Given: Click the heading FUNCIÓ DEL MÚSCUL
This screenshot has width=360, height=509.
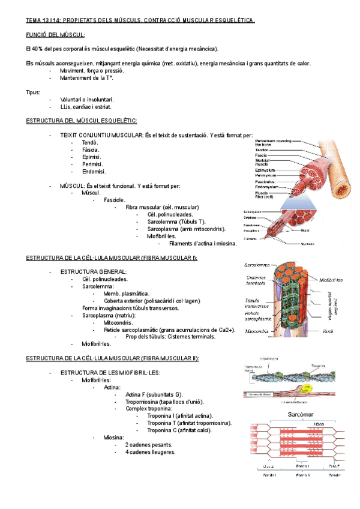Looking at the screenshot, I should (55, 35).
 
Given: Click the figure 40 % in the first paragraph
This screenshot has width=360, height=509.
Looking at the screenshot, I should (38, 49).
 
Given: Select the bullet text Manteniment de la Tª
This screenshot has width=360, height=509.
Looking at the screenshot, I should (87, 78).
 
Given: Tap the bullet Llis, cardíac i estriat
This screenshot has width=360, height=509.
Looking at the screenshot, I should (86, 107).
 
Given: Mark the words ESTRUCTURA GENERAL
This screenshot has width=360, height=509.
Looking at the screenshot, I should (93, 272).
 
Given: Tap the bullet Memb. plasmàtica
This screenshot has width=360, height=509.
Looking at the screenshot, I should (126, 294).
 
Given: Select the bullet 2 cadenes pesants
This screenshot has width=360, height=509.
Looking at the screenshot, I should (149, 445).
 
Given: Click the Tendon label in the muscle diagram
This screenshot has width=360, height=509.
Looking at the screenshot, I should (262, 149).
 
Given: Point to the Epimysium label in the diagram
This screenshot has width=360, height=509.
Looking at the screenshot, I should (265, 170).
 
